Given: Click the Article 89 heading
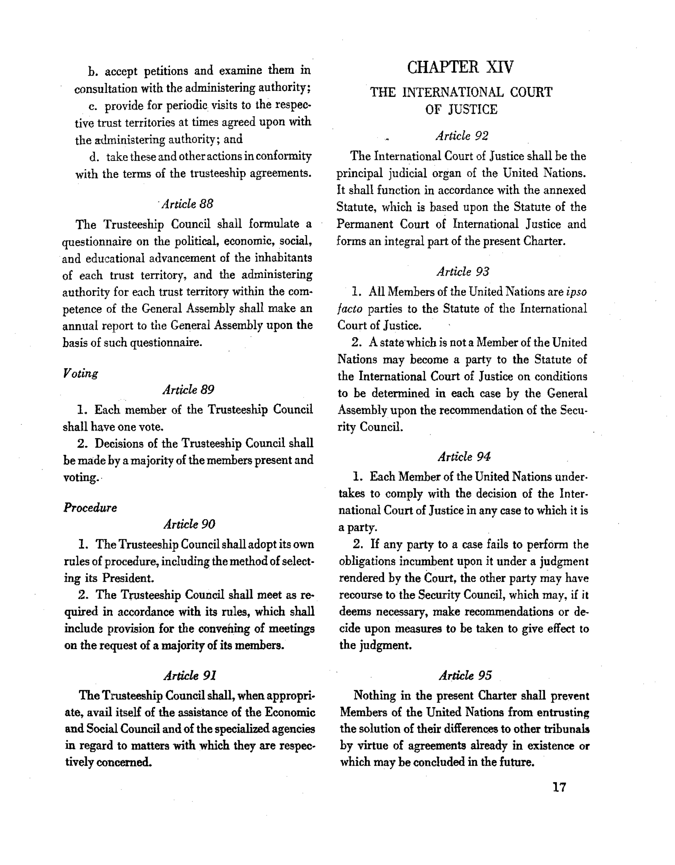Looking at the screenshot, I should click(188, 390).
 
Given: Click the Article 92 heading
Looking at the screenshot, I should click(462, 136).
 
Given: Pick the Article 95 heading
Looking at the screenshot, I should click(465, 675).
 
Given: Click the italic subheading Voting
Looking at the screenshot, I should click(80, 373).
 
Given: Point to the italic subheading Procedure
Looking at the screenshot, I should click(90, 508).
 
